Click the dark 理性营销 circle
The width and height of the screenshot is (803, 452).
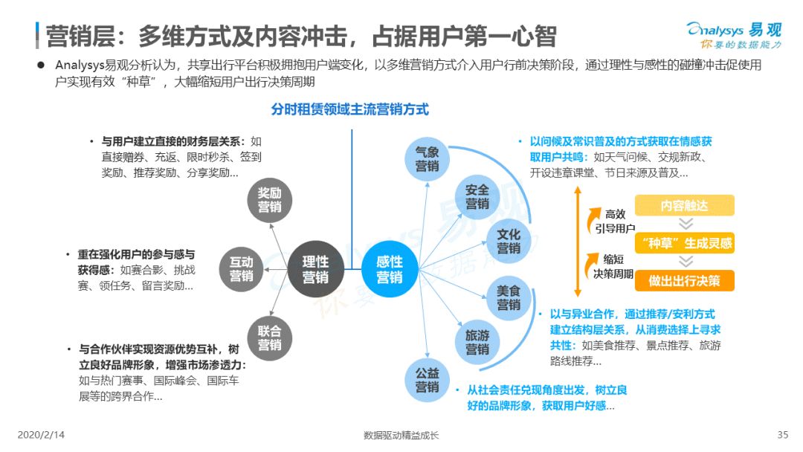point(315,269)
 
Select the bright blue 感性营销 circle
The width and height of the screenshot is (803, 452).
point(390,269)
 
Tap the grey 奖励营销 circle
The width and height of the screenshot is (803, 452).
point(269,200)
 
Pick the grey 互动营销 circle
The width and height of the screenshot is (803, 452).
point(241,269)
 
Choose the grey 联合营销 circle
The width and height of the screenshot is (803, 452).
point(269,338)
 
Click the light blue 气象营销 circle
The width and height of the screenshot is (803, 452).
point(427,158)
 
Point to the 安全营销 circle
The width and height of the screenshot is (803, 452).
point(477,197)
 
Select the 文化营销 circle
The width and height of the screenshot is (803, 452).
point(509,241)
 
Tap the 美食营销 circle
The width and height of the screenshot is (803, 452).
point(509,298)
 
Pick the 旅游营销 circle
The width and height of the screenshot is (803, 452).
point(477,342)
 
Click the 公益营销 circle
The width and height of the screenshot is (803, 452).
point(427,380)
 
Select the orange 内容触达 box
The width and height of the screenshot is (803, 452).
point(684,205)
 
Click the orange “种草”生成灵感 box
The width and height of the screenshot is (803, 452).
point(684,243)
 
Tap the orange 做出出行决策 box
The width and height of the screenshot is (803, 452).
point(684,280)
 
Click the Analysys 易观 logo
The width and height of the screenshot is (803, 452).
point(735,35)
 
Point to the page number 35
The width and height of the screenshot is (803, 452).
point(782,435)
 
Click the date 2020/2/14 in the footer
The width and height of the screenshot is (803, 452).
point(41,435)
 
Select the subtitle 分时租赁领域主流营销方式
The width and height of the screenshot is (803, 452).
point(349,109)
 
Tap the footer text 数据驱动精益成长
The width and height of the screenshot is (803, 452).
point(401,435)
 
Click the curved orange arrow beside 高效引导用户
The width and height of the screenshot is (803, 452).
point(593,219)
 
